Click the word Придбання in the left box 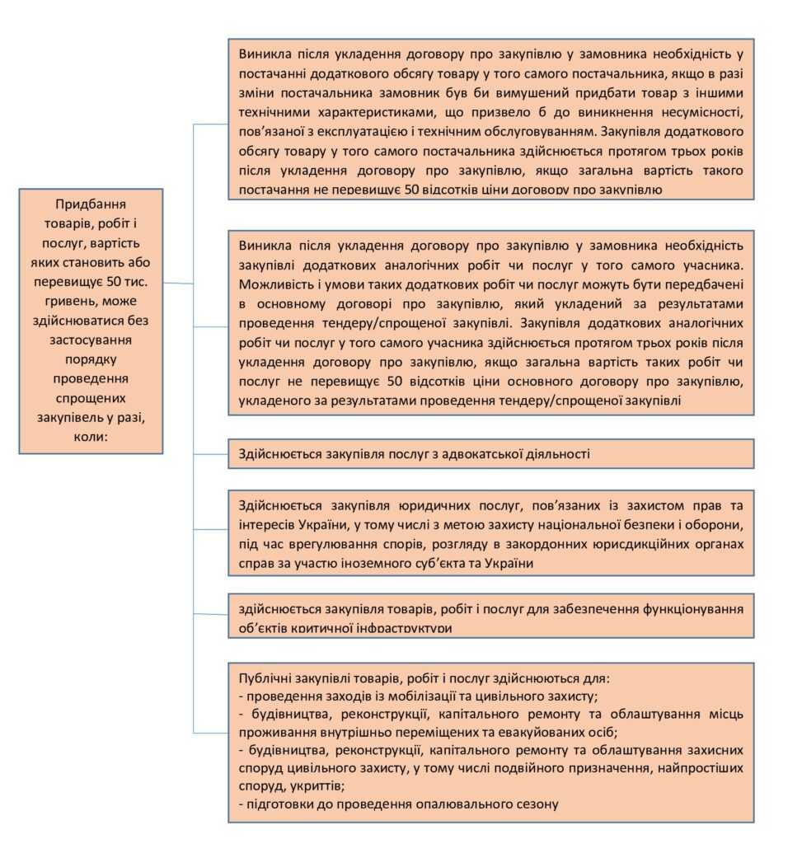click(91, 204)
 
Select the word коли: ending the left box click(91, 437)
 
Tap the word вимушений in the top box click(517, 92)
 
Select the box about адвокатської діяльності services click(490, 453)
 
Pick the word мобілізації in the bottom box click(415, 696)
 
